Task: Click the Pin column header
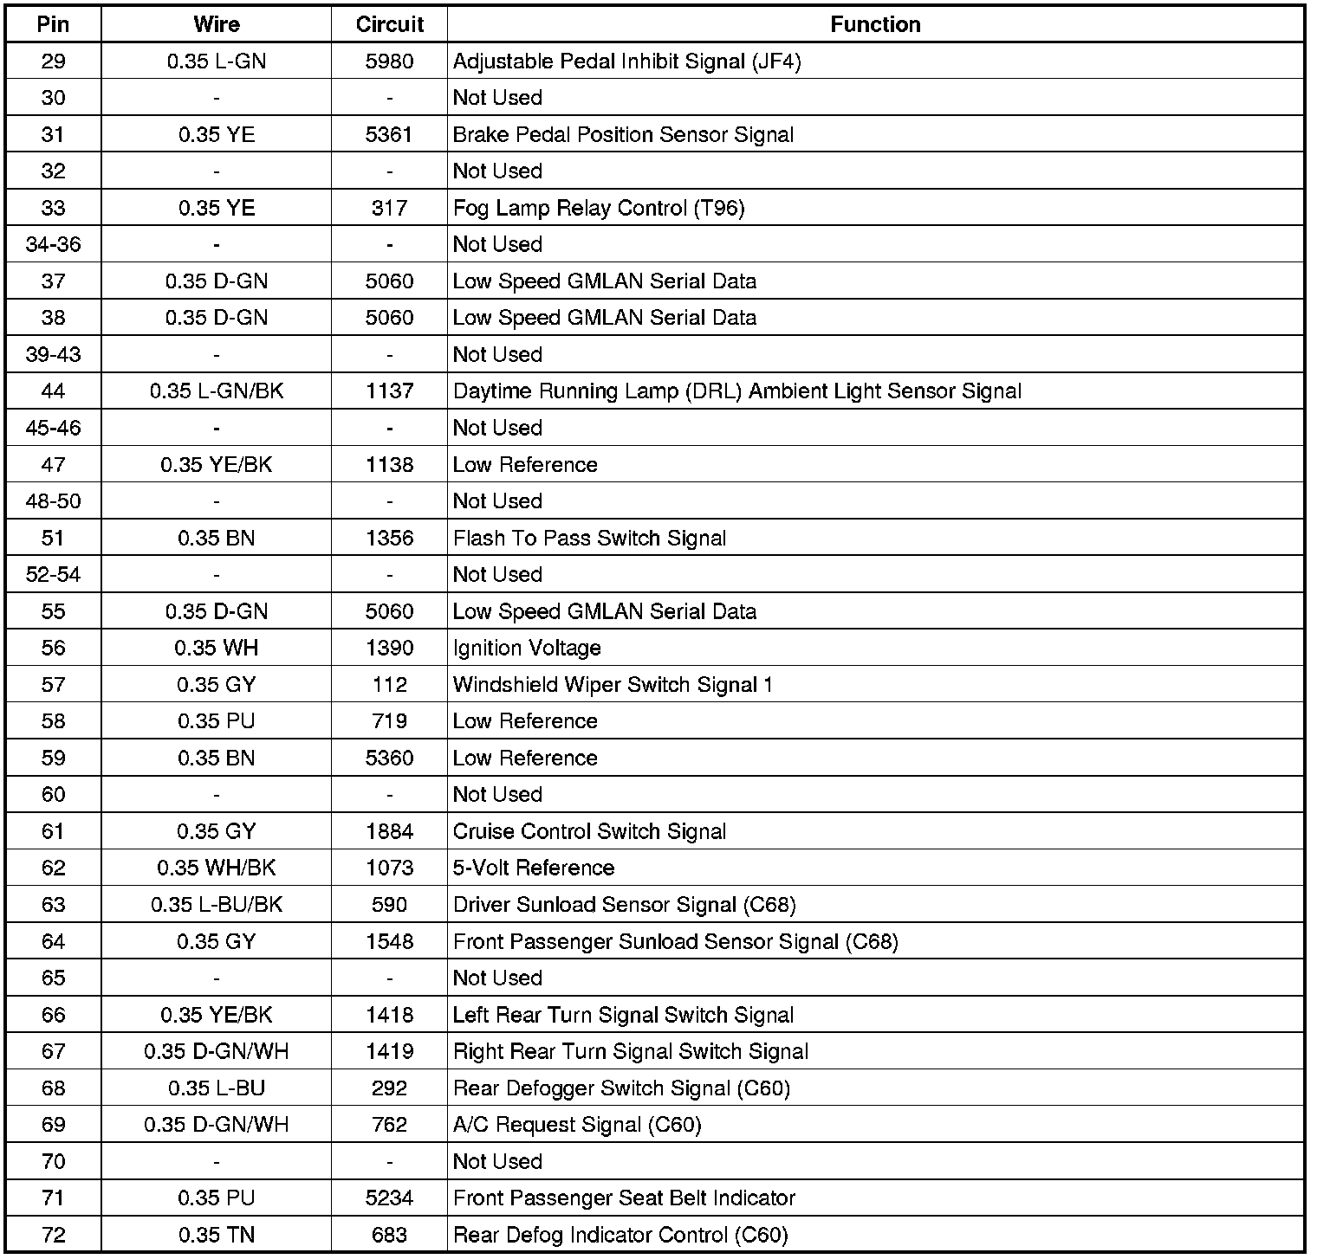coord(53,24)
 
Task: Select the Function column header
coord(875,24)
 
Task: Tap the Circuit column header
coord(389,24)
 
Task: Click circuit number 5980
coord(389,61)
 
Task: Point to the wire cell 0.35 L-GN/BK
coord(216,391)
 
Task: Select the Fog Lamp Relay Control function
coord(599,208)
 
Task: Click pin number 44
coord(53,391)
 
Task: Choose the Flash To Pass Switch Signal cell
coord(589,538)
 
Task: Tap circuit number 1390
coord(389,648)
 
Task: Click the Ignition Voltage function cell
coord(527,648)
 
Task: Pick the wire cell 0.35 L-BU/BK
coord(216,905)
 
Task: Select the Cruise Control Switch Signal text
coord(589,831)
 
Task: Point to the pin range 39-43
coord(53,354)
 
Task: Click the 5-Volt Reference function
coord(534,868)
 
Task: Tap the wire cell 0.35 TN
coord(216,1235)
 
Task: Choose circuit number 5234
coord(389,1198)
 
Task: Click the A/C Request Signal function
coord(577,1125)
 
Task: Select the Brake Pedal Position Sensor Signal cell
coord(623,134)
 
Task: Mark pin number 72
coord(53,1235)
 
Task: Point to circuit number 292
coord(389,1088)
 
